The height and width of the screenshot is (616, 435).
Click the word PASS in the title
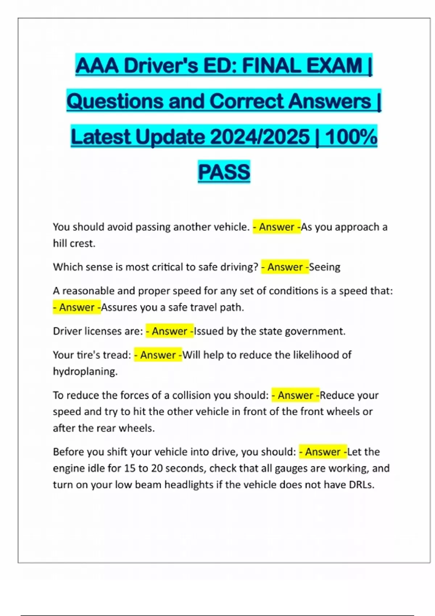[x=224, y=172]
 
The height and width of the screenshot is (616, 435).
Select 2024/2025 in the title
[x=260, y=137]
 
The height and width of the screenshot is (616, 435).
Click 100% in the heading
[x=351, y=137]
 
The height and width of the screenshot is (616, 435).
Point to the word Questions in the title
[x=115, y=101]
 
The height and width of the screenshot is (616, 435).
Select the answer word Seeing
[x=325, y=267]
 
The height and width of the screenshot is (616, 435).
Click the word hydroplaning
[x=85, y=371]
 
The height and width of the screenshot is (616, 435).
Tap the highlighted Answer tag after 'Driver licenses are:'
[x=170, y=331]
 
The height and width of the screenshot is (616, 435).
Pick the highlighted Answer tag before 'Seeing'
[x=285, y=267]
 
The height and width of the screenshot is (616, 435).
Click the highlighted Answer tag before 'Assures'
[x=77, y=307]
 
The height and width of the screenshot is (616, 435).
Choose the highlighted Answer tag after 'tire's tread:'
[x=158, y=355]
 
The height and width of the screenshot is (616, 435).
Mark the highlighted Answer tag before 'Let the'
[x=323, y=452]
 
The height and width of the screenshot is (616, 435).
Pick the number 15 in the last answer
[x=130, y=468]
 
